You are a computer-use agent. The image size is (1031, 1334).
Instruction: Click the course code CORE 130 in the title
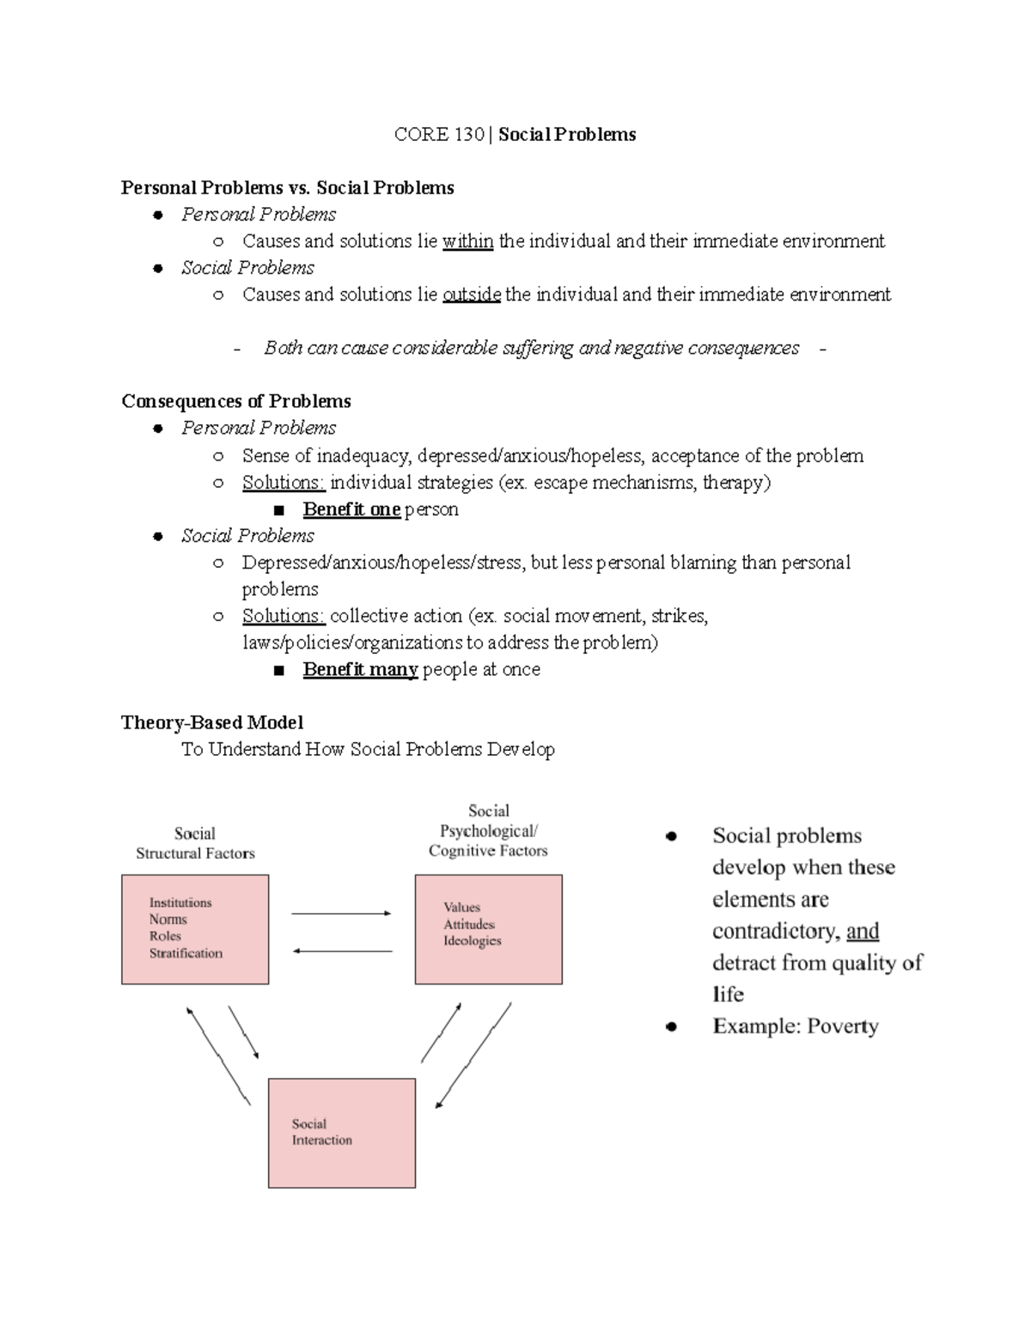click(x=438, y=135)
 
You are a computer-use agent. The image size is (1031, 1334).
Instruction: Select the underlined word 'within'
click(x=467, y=241)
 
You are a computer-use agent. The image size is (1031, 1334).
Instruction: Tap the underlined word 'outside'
click(x=472, y=295)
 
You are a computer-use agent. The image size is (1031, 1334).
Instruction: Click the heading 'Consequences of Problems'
click(x=236, y=401)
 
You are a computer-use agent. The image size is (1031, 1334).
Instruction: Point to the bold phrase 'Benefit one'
click(x=351, y=509)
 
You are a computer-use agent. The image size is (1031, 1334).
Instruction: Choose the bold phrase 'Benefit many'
click(x=360, y=669)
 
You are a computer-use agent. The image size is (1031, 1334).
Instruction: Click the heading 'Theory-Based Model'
click(x=212, y=722)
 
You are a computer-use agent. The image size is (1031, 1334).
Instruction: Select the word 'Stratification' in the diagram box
click(x=186, y=953)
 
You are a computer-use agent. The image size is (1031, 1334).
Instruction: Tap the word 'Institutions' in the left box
click(x=180, y=903)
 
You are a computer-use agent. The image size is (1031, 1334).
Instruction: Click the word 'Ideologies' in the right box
click(x=473, y=941)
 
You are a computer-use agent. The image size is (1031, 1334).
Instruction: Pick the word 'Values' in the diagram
click(x=462, y=907)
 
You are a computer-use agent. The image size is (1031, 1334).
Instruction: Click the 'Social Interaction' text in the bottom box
click(x=321, y=1132)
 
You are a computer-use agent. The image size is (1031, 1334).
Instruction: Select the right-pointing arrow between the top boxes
click(x=341, y=914)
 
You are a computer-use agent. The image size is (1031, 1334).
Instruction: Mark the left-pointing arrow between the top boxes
click(x=343, y=951)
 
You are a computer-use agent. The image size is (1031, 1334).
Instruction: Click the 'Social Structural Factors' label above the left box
click(x=195, y=844)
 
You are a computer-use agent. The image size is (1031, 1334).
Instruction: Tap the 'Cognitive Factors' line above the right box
click(x=488, y=851)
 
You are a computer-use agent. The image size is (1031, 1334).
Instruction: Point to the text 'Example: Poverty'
click(x=795, y=1026)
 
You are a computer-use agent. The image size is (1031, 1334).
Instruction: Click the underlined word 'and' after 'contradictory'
click(x=863, y=931)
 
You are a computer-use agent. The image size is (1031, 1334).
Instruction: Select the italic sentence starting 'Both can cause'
click(x=531, y=348)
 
